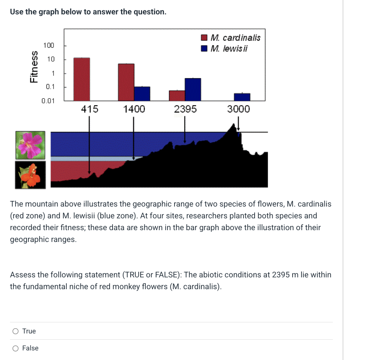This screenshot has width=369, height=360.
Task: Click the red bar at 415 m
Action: (x=82, y=79)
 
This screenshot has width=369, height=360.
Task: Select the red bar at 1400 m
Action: (x=126, y=82)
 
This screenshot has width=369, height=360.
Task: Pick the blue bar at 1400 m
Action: (x=142, y=94)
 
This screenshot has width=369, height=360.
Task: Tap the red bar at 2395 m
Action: (x=177, y=96)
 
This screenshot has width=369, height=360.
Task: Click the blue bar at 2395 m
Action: (x=193, y=90)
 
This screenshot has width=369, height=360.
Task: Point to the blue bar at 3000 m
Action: (x=242, y=97)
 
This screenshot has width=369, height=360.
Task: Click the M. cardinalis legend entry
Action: (x=231, y=38)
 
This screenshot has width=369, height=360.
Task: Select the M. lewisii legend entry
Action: (x=225, y=48)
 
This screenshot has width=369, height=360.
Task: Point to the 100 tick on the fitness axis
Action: (x=48, y=45)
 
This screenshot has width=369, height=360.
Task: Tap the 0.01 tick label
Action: (x=48, y=101)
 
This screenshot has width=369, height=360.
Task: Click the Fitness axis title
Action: (x=34, y=66)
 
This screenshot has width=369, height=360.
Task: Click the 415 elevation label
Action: (x=90, y=109)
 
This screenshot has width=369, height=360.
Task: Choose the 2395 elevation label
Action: (x=185, y=109)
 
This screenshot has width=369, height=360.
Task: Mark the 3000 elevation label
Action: (x=238, y=109)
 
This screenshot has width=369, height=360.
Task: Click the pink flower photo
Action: (x=30, y=145)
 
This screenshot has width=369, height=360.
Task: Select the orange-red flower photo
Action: (x=30, y=174)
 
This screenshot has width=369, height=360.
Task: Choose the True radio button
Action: (x=15, y=331)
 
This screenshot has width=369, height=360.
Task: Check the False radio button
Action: (x=15, y=348)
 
